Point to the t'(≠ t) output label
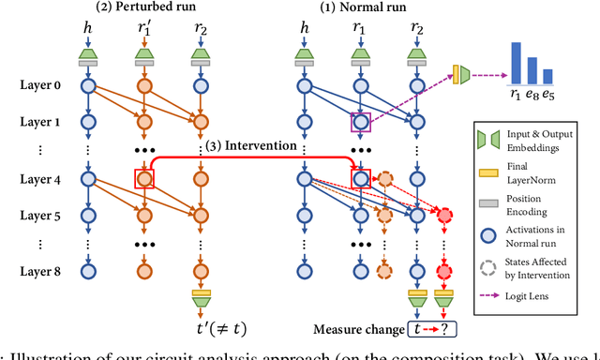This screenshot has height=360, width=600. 201,327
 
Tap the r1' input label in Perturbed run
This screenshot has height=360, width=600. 143,33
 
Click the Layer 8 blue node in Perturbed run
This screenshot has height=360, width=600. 89,273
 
